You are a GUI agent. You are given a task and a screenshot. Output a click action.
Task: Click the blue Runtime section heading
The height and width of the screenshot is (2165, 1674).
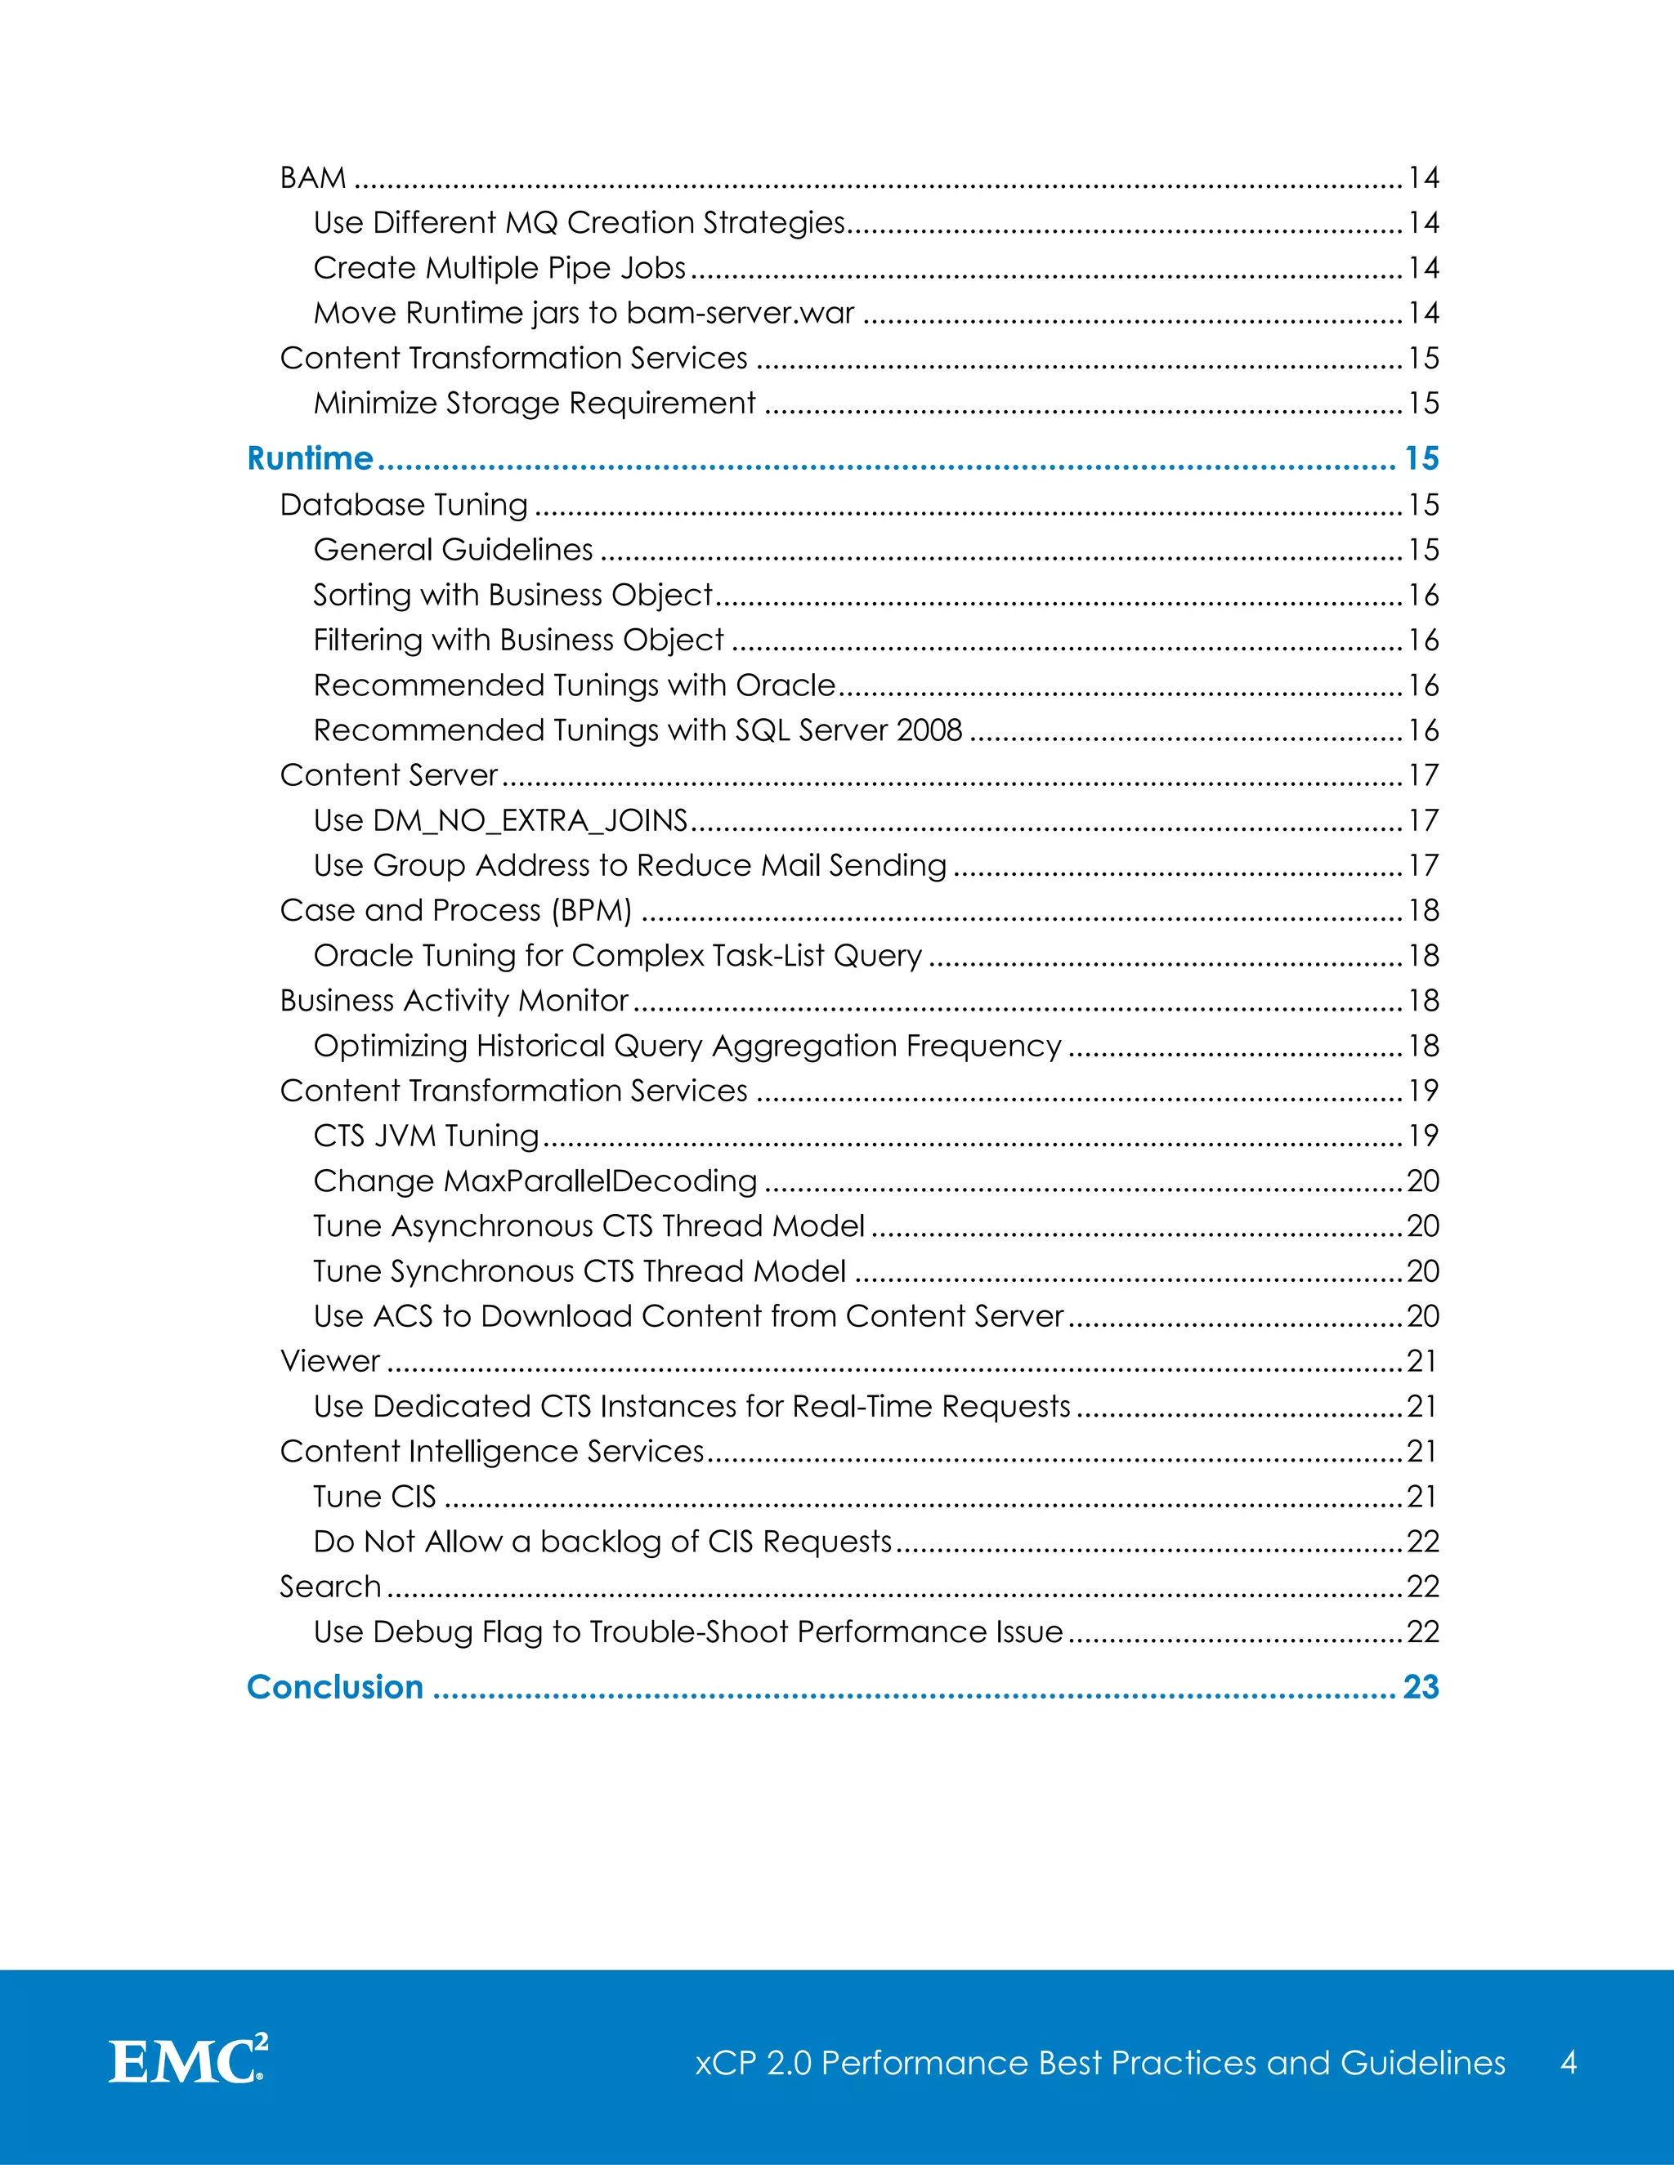point(310,458)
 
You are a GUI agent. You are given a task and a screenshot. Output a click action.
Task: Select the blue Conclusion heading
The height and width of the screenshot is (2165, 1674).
point(335,1686)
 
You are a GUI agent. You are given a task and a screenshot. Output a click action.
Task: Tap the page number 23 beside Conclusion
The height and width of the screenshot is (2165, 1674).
point(1420,1686)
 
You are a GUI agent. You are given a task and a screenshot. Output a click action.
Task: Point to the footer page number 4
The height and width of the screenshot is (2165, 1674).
point(1568,2062)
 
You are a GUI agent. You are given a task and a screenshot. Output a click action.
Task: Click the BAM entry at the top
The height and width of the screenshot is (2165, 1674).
point(313,177)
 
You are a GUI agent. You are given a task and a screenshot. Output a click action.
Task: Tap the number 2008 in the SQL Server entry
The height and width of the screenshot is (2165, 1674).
point(929,730)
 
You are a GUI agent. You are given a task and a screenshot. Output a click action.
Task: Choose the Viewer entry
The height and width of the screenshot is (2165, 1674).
point(330,1361)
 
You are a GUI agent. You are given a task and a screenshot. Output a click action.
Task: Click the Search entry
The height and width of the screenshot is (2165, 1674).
point(330,1586)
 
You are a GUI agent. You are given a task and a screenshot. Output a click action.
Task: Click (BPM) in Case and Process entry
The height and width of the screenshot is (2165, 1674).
point(592,910)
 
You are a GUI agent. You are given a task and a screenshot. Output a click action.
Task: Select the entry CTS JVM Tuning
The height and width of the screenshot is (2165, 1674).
point(427,1135)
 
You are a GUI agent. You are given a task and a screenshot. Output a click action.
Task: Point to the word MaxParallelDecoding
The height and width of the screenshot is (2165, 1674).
point(600,1181)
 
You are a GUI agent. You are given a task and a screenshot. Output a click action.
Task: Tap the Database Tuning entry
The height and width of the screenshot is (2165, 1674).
point(404,505)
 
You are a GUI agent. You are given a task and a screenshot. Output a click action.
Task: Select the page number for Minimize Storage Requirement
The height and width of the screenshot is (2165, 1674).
point(1423,403)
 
